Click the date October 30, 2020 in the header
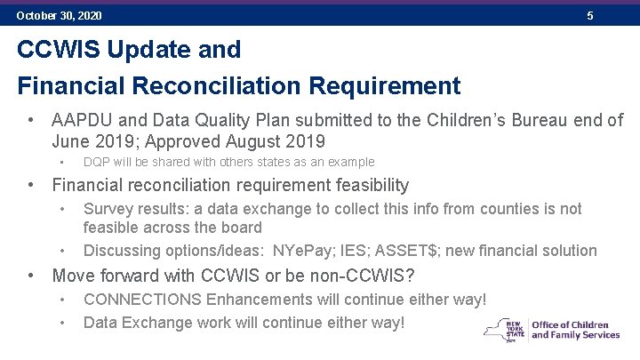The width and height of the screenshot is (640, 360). [59, 16]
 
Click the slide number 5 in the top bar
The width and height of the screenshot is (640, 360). [589, 16]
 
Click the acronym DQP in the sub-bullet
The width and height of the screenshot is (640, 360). [97, 163]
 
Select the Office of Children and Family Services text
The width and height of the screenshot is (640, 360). [575, 330]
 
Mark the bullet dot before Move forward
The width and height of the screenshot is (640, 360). [31, 275]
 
